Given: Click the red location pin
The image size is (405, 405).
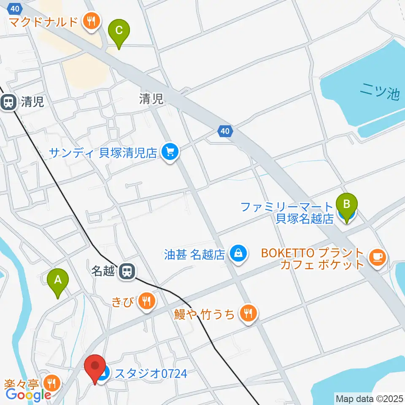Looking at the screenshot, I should pos(95,368).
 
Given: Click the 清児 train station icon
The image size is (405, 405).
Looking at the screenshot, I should pos(8,102).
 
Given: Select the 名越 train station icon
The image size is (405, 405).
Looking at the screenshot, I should pos(126,271).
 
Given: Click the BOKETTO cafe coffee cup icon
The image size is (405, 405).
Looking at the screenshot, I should pos(376,257).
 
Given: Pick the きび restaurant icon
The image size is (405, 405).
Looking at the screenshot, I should pos(146,301).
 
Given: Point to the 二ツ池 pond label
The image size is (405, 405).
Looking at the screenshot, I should pos(380,92).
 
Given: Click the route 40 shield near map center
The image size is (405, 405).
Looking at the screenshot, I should pos(225,132).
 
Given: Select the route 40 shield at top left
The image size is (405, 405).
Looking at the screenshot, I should pos(16,8).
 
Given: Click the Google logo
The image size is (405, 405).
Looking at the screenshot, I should pos(28,395).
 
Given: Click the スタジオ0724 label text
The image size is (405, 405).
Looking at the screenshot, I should pos(151,373).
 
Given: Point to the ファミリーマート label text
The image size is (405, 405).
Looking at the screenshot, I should pos(287,207).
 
